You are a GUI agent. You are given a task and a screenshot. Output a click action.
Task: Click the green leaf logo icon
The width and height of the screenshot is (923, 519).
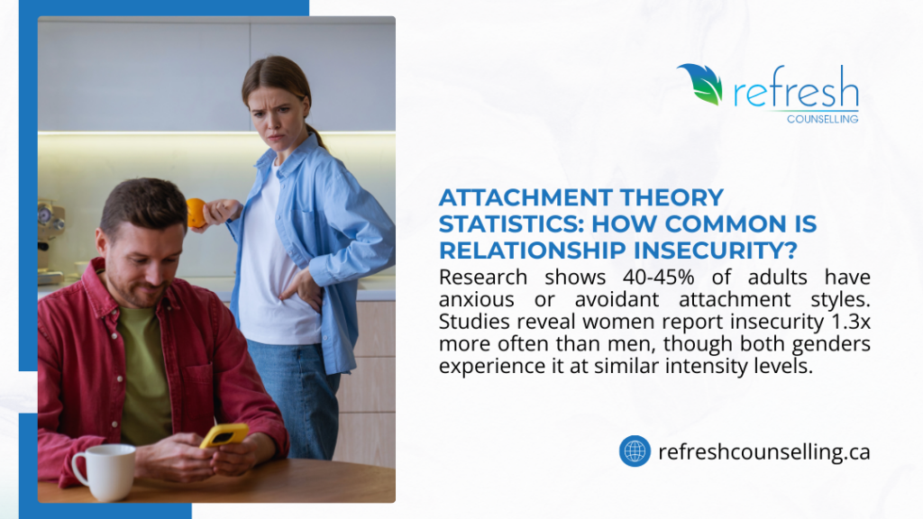(x=701, y=84)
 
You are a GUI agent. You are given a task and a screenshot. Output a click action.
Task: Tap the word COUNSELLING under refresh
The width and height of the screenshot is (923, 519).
(x=822, y=118)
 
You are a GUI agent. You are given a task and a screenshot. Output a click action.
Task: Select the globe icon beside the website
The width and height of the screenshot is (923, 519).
(x=635, y=451)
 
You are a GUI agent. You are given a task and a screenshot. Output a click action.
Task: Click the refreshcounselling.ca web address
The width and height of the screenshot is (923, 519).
(x=764, y=451)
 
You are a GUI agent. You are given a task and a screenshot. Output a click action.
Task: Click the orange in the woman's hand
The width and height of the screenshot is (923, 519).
(x=196, y=214)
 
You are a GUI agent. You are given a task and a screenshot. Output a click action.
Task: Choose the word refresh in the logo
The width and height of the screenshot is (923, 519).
(x=796, y=91)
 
